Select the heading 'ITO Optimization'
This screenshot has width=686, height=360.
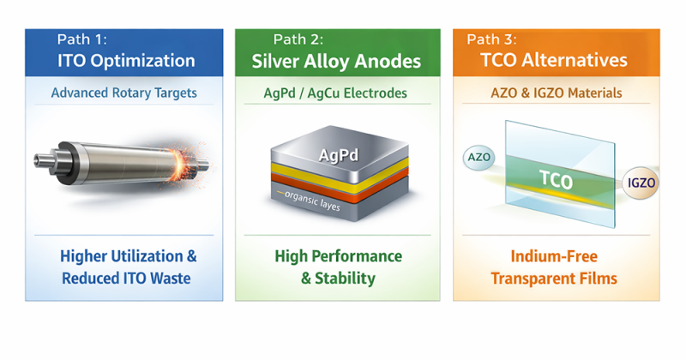[126, 61]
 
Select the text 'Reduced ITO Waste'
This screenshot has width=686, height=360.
[126, 279]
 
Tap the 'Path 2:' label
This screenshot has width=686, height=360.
[298, 39]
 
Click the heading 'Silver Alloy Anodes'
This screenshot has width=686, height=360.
[337, 61]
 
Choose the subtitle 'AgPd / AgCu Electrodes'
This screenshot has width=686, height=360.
[337, 93]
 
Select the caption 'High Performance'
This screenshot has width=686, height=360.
[338, 256]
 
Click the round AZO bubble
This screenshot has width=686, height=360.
[478, 158]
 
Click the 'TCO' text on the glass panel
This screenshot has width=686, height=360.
[555, 181]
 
